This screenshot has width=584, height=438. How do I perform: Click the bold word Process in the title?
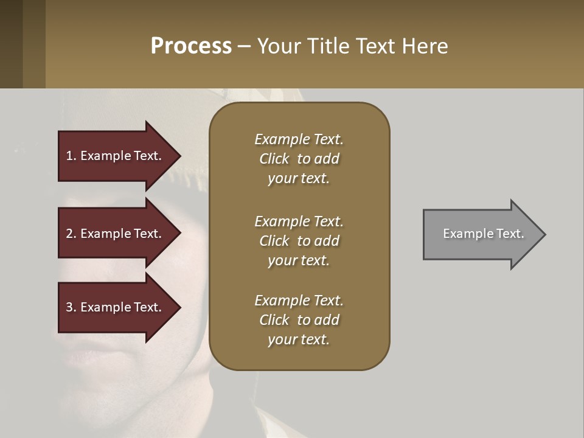(x=191, y=46)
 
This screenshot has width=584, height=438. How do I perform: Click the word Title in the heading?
(x=328, y=46)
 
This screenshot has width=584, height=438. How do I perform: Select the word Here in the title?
(x=425, y=46)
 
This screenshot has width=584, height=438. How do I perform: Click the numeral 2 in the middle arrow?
(x=69, y=234)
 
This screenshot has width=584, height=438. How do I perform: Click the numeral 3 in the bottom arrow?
(x=69, y=307)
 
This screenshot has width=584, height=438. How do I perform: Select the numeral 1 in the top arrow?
(x=69, y=156)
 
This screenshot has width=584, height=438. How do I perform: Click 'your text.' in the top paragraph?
(x=299, y=179)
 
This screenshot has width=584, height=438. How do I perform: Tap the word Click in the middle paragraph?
(x=274, y=241)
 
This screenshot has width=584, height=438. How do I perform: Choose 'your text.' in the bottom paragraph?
(x=299, y=340)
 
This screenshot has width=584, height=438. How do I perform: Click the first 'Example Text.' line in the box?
(x=299, y=139)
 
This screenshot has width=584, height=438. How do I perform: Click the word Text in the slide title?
(x=377, y=46)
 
